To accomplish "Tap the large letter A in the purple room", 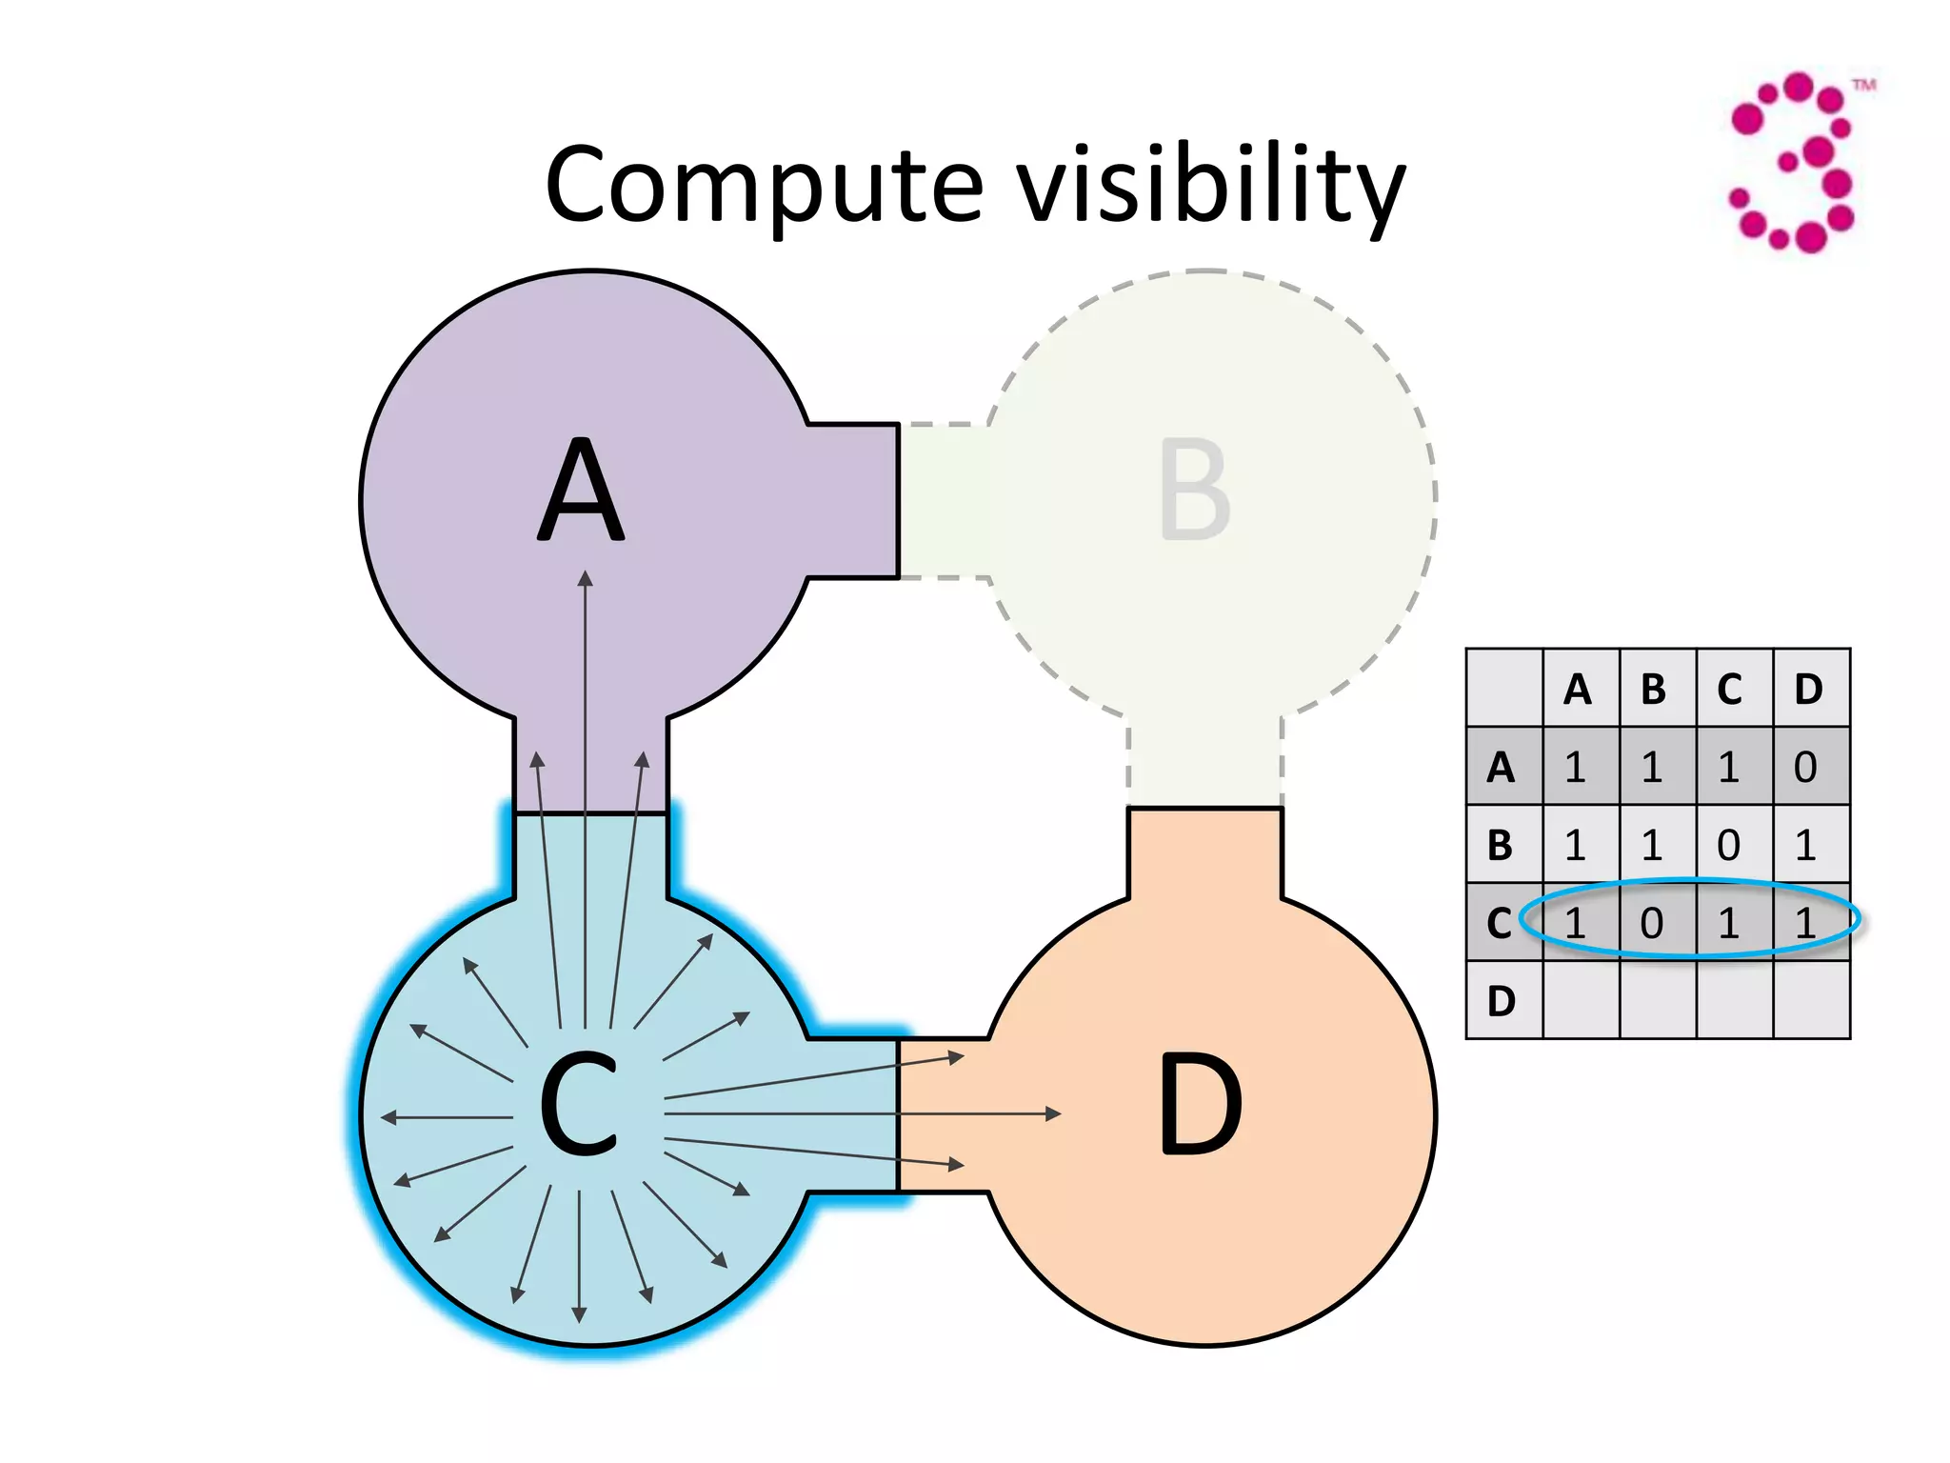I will (x=582, y=491).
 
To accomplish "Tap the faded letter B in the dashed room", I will (x=1195, y=491).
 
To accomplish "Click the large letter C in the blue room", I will (x=578, y=1105).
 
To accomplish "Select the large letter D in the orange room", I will (x=1200, y=1105).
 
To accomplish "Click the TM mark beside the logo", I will (x=1863, y=86).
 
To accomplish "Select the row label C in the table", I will (x=1500, y=923).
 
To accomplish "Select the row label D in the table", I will (x=1502, y=1001).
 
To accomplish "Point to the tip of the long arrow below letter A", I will (x=586, y=577).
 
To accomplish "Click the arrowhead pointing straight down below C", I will (x=579, y=1316).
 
